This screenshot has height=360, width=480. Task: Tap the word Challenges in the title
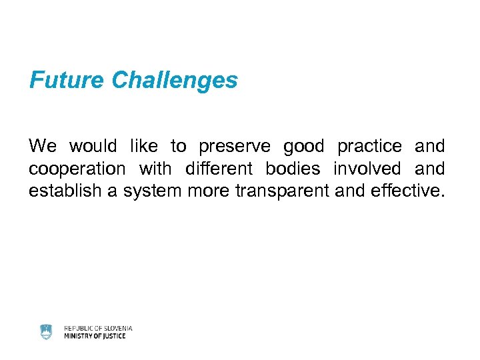pos(175,81)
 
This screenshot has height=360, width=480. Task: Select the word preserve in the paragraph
pos(234,146)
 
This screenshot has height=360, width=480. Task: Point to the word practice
pos(369,146)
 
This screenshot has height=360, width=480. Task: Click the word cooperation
pos(77,169)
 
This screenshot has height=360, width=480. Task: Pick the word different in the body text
pos(219,169)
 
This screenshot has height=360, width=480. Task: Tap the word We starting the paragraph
pos(43,146)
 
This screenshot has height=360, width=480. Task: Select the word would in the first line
pos(93,146)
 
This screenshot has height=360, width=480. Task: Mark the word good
pos(303,146)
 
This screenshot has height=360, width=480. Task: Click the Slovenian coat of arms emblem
pos(46,331)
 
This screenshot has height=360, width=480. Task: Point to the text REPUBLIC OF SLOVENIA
pos(98,328)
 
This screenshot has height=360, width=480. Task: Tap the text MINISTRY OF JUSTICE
pos(95,336)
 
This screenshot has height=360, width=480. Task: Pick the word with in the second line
pos(155,169)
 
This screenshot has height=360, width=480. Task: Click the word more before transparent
pos(207,192)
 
